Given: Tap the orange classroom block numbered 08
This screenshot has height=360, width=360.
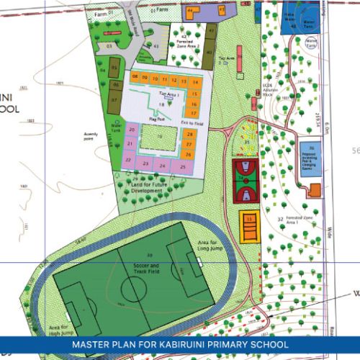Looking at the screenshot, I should pyautogui.click(x=135, y=76).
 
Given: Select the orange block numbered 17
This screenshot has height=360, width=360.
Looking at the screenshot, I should pyautogui.click(x=193, y=113).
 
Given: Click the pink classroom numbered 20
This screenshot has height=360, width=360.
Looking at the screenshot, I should pyautogui.click(x=131, y=130).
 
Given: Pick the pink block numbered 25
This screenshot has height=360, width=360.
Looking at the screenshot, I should pyautogui.click(x=183, y=167).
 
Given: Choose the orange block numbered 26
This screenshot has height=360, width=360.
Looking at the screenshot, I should pyautogui.click(x=188, y=154).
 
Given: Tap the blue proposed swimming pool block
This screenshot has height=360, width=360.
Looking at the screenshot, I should pyautogui.click(x=311, y=156).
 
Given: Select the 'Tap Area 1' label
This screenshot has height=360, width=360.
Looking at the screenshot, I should pyautogui.click(x=168, y=94).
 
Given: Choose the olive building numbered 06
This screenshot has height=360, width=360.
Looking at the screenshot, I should pyautogui.click(x=115, y=84).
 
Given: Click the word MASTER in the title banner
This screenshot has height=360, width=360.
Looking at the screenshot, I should pyautogui.click(x=92, y=345).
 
